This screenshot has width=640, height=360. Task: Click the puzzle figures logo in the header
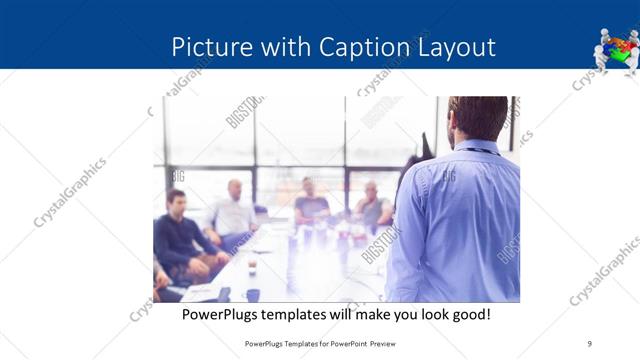616,49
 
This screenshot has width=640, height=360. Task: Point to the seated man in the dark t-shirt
311,204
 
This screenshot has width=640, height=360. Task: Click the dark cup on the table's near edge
253,295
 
